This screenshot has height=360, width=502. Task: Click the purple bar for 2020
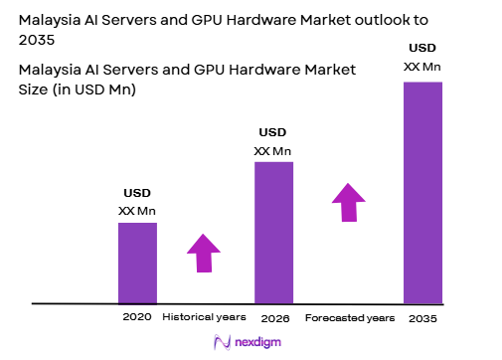point(137,263)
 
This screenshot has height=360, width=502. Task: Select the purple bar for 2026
point(273,232)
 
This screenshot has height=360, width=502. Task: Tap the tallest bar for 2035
point(422,192)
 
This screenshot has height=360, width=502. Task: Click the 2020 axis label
point(137,317)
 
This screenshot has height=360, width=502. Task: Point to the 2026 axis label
point(274,318)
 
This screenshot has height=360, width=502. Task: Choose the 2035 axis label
point(421,318)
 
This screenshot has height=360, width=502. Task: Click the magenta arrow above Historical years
point(204,253)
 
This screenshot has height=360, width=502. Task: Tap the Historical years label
point(205,317)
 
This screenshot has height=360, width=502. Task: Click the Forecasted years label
point(349,318)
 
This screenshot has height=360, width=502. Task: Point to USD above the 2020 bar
point(137,193)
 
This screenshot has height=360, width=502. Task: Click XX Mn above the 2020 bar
point(137,210)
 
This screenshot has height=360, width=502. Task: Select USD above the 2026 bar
point(273,132)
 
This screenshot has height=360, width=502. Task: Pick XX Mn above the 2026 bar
point(273,150)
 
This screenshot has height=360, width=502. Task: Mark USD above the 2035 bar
point(422,48)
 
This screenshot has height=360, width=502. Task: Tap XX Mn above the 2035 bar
point(422,66)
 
